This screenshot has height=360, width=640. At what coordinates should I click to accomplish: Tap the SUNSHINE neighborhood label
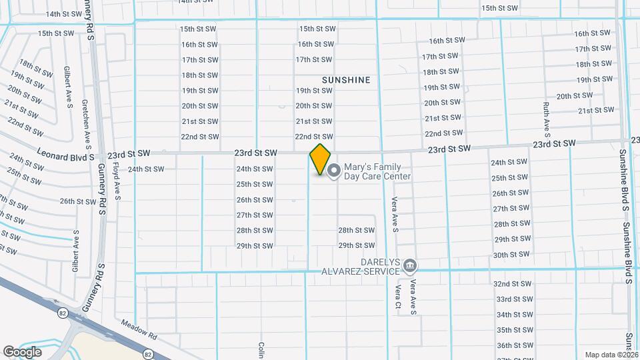(x=346, y=80)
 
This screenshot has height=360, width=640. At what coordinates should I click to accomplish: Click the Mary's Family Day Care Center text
(x=377, y=171)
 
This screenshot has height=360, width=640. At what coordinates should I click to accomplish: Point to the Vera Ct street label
(x=397, y=297)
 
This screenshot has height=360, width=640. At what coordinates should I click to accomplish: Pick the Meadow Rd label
(x=138, y=327)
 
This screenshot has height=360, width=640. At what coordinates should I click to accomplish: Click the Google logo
(x=22, y=352)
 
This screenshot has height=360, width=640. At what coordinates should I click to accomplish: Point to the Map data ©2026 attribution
(x=612, y=355)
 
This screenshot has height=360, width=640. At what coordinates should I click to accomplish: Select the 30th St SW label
(x=512, y=255)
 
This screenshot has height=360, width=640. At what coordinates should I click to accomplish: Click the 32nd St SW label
(x=512, y=283)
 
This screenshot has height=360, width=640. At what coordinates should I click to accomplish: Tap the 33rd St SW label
(x=513, y=299)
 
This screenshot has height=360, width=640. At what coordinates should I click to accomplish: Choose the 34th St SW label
(x=514, y=315)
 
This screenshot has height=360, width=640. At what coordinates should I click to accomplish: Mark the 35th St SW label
(x=514, y=330)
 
